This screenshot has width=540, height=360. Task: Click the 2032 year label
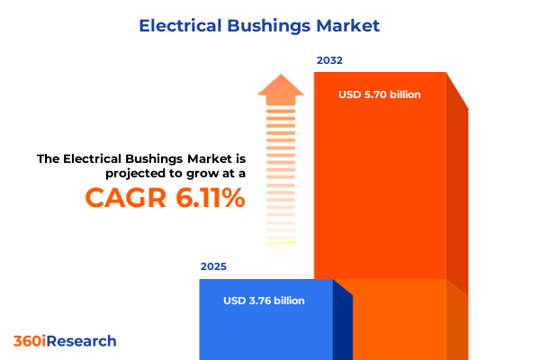329,60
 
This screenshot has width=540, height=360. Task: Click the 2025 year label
213,266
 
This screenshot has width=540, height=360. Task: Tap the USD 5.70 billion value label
380,94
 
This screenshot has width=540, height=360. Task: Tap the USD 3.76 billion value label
265,301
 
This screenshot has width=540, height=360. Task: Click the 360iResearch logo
65,341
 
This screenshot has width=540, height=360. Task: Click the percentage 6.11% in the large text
209,198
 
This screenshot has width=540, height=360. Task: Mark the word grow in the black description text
194,174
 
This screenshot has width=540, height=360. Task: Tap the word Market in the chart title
351,26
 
